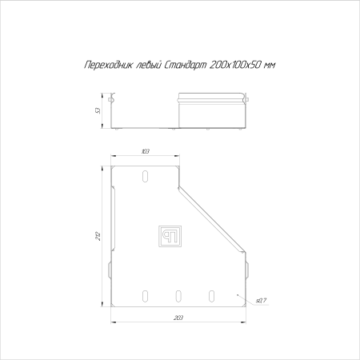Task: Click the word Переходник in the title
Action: coord(108,65)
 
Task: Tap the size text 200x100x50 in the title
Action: coord(235,65)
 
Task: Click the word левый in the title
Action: coord(147,64)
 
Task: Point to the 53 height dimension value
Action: coord(98,110)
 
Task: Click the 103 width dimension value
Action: coord(146,151)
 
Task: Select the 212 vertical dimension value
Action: coord(98,236)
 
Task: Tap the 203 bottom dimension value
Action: coord(178,318)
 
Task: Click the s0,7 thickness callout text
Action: coord(261,301)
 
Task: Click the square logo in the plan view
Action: coord(170,236)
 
